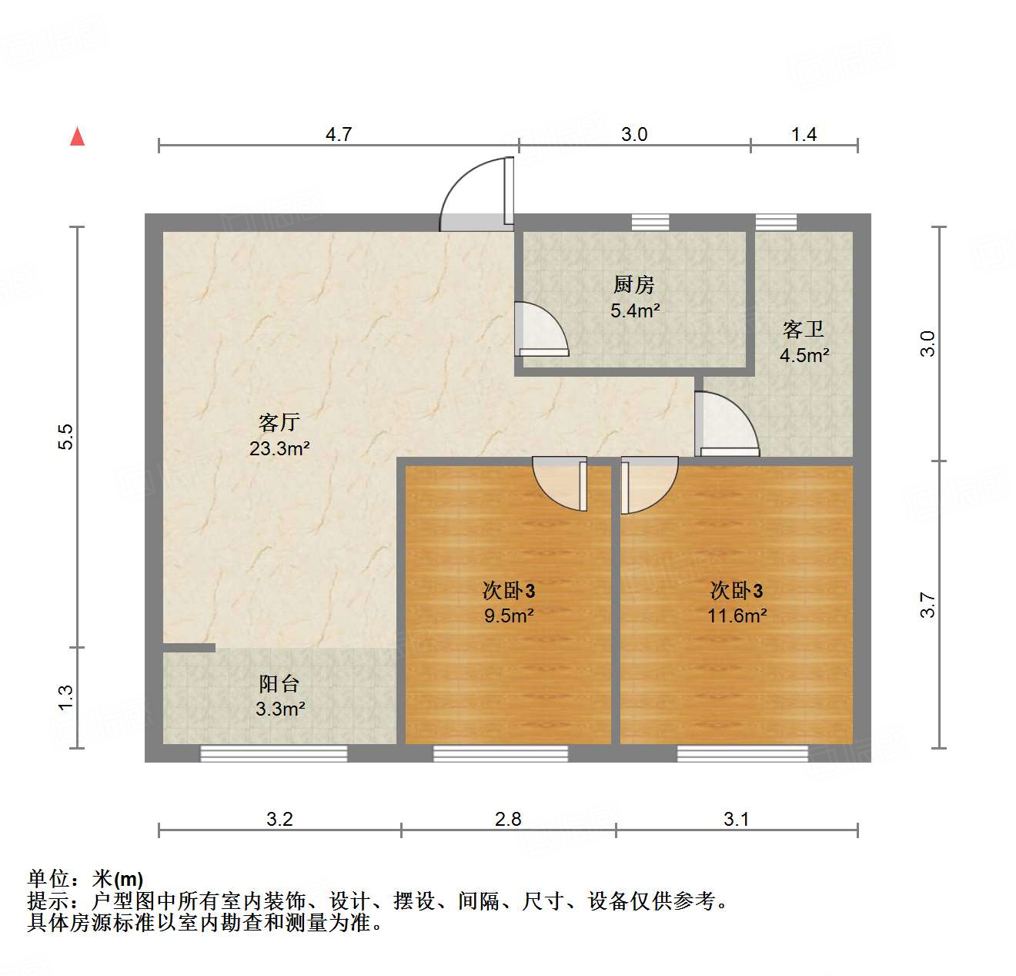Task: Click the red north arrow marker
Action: [x=77, y=136]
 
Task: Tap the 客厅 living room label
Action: [x=279, y=422]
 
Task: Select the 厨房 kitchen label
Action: [x=634, y=285]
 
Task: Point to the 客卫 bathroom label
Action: [x=804, y=330]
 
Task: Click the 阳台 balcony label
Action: [x=279, y=683]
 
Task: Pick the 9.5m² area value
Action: [x=509, y=616]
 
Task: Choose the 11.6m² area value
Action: [x=737, y=616]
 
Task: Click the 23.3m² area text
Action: [x=279, y=448]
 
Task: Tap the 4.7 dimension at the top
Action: [x=338, y=134]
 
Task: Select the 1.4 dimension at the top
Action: [x=804, y=134]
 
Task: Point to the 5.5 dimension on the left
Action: [x=66, y=437]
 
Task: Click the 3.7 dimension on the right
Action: [x=927, y=605]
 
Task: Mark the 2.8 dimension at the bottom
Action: [x=508, y=819]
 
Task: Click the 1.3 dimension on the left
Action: [x=66, y=698]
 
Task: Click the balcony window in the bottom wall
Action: [x=273, y=753]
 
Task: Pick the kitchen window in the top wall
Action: [x=650, y=223]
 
